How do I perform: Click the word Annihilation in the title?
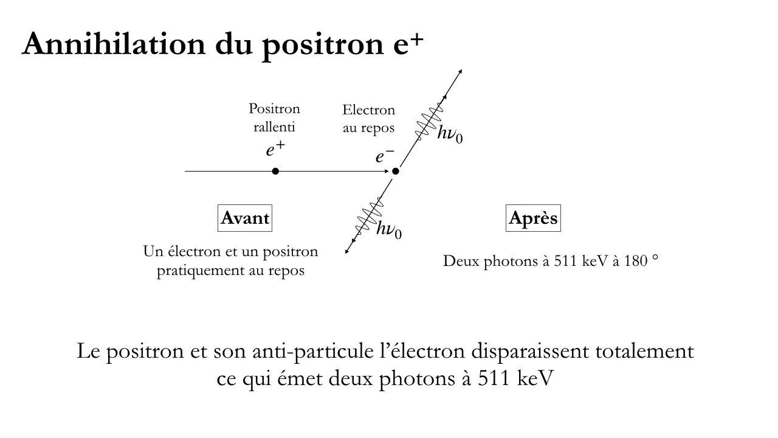point(114,44)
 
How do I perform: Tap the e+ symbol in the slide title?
point(408,45)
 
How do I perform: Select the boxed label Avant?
point(245,218)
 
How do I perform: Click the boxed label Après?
point(533,218)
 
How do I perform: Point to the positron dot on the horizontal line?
point(275,171)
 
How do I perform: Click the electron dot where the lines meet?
point(395,171)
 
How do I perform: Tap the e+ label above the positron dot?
point(275,149)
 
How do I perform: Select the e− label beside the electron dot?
point(385,155)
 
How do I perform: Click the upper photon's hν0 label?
point(450,134)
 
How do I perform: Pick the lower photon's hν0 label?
point(389,229)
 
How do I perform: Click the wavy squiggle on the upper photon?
point(429,121)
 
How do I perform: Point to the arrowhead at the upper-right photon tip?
point(461,71)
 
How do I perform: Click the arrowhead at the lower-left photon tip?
point(346,251)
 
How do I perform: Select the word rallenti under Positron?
point(274,127)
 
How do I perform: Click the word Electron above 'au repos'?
point(368,110)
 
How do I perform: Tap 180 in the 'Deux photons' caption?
point(636,261)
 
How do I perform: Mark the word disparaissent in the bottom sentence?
point(530,351)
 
